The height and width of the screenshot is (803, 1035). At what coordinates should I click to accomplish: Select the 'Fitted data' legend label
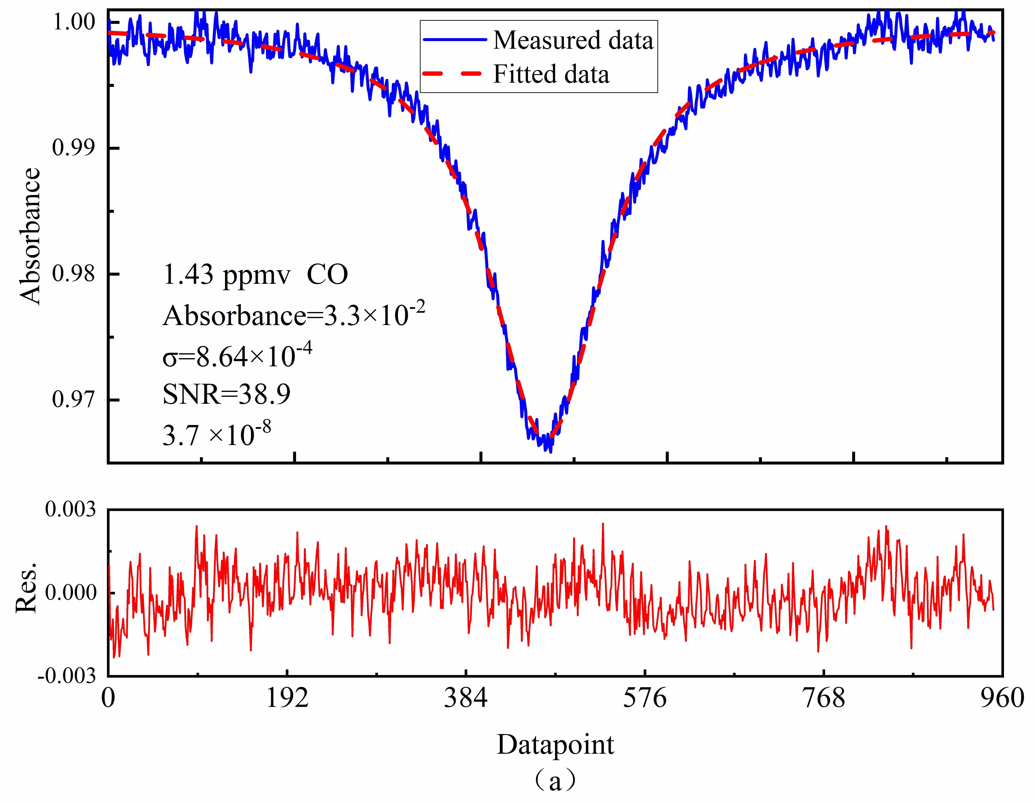pyautogui.click(x=551, y=74)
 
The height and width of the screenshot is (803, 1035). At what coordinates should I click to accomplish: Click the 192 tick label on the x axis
pyautogui.click(x=287, y=698)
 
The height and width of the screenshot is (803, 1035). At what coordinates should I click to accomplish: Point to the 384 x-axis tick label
pyautogui.click(x=466, y=698)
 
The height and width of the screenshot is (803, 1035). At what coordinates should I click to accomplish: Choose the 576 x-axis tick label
pyautogui.click(x=645, y=698)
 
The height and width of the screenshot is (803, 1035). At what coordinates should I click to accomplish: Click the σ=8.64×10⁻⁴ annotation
pyautogui.click(x=237, y=355)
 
